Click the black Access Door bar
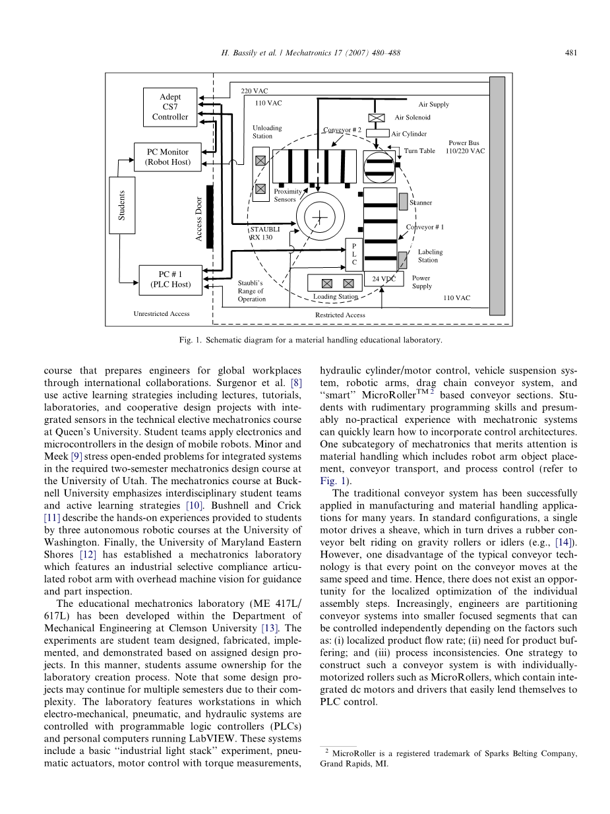(x=210, y=216)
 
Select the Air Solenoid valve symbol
(x=376, y=118)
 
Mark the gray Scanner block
(x=403, y=201)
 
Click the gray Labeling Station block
(x=402, y=260)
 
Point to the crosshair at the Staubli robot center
(x=319, y=217)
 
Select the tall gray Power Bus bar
(x=497, y=196)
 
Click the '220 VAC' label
(x=255, y=91)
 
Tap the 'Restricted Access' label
(x=340, y=315)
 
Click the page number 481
(x=570, y=53)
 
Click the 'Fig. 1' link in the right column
(x=333, y=481)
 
